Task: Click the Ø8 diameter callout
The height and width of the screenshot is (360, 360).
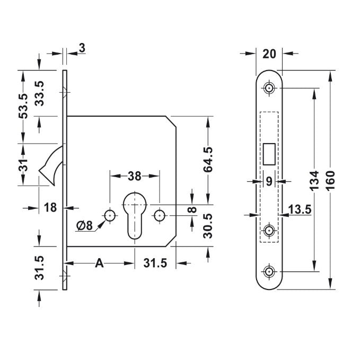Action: tap(84, 225)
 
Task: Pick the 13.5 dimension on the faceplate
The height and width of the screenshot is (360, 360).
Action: tap(300, 210)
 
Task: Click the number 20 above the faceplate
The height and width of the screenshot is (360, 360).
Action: tap(269, 54)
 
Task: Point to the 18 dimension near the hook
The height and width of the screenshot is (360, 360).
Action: tap(50, 207)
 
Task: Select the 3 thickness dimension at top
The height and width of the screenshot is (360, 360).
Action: tap(82, 48)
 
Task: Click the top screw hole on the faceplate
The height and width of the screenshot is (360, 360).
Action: tap(270, 88)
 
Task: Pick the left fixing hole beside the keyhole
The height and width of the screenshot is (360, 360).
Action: tap(109, 215)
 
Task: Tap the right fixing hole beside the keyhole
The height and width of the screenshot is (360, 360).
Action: tap(159, 215)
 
